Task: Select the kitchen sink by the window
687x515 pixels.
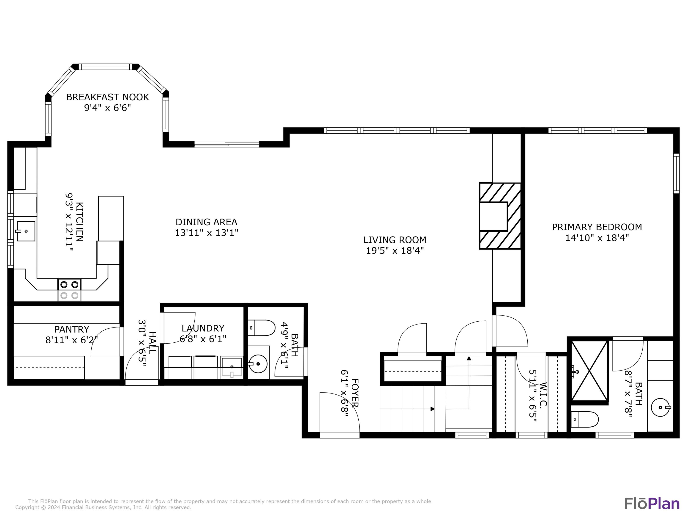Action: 26,231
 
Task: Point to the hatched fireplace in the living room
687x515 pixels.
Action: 500,216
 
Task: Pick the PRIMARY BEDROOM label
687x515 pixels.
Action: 597,227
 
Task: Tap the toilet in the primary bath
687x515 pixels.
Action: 584,419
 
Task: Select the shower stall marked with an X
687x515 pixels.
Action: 589,371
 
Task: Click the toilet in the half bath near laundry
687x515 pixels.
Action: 262,328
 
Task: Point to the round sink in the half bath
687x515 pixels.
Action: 258,363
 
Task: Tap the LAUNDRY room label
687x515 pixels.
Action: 203,328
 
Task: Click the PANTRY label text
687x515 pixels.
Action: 72,329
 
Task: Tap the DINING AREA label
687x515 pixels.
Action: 206,222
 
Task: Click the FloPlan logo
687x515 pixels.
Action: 652,504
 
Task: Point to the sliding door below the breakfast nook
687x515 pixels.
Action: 227,144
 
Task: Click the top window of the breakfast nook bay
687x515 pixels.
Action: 105,67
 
